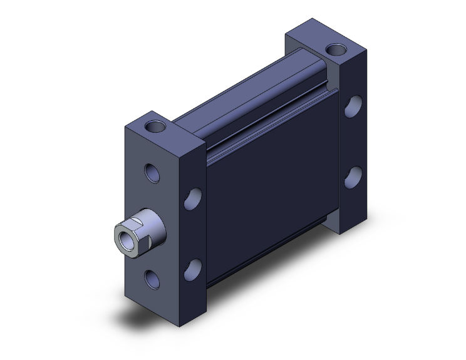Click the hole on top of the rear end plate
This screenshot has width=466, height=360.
tap(334, 48)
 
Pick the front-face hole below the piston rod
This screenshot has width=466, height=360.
tap(152, 276)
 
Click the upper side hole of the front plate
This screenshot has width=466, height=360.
tap(194, 200)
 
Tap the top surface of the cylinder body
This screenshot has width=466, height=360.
tap(251, 100)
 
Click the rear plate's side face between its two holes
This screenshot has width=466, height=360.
tap(355, 141)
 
